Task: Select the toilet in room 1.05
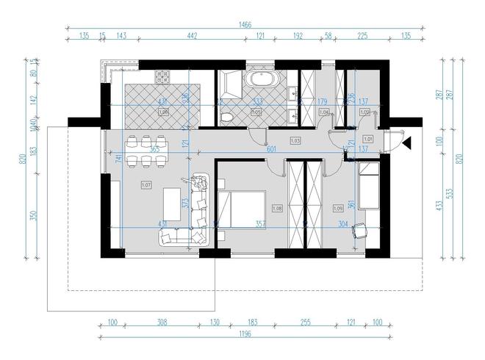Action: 228,117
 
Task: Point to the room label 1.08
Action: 277,208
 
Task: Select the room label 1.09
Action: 338,208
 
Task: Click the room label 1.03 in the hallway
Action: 295,139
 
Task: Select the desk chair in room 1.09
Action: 359,230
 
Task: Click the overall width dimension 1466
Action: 243,24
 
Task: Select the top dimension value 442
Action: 191,35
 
